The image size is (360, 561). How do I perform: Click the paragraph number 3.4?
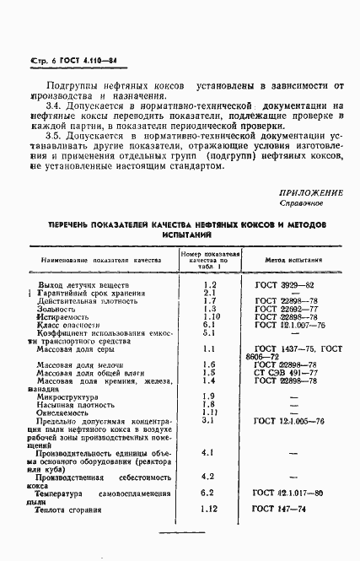pyautogui.click(x=54, y=105)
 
